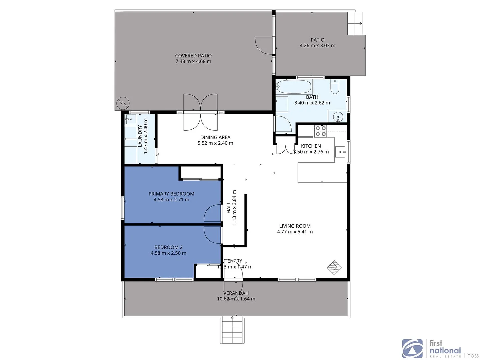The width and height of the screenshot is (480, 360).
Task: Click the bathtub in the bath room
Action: pyautogui.click(x=294, y=87)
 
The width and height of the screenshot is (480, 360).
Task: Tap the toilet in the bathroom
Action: pyautogui.click(x=335, y=87)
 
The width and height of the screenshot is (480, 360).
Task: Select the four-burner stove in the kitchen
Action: pyautogui.click(x=321, y=131)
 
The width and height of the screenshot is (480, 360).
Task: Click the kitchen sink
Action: pyautogui.click(x=340, y=152)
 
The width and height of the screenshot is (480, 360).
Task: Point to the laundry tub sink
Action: pyautogui.click(x=130, y=119)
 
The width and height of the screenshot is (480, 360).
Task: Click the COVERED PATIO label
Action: pyautogui.click(x=193, y=56)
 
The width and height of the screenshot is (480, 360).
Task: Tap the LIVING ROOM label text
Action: pyautogui.click(x=295, y=226)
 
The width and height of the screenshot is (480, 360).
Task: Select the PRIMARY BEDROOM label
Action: pyautogui.click(x=171, y=194)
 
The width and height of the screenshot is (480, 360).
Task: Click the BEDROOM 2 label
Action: pyautogui.click(x=168, y=247)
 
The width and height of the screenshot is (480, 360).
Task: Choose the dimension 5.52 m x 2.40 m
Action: pyautogui.click(x=215, y=143)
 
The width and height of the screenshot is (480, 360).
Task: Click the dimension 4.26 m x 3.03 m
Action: pyautogui.click(x=317, y=46)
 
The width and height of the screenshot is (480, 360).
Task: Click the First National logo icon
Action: pyautogui.click(x=412, y=349)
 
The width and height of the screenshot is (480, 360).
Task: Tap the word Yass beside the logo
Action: pyautogui.click(x=473, y=355)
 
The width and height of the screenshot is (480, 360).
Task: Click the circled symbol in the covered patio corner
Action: pyautogui.click(x=123, y=104)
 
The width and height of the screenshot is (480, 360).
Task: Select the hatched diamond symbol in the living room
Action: pyautogui.click(x=334, y=267)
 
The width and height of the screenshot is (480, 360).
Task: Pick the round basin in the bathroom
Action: pyautogui.click(x=338, y=117)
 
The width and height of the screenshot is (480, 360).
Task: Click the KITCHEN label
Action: pyautogui.click(x=311, y=146)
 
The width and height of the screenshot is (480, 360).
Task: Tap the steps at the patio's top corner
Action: pyautogui.click(x=355, y=23)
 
